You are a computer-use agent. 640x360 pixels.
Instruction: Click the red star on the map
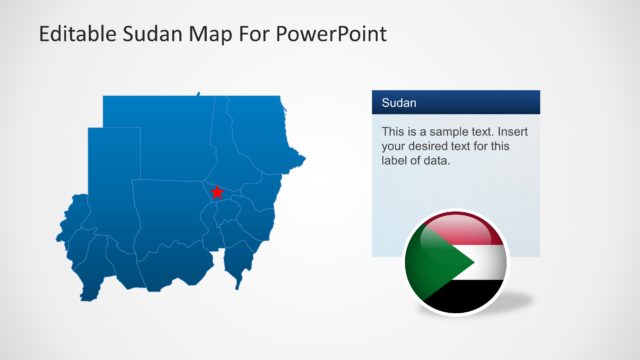tap(217, 191)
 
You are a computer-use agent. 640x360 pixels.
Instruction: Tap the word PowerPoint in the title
tap(332, 34)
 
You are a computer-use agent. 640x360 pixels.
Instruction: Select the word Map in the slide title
tap(213, 34)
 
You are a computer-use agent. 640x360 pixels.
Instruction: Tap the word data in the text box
tap(435, 160)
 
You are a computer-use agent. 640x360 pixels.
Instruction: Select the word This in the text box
tap(394, 131)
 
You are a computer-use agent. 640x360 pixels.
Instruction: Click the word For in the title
tap(255, 34)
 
